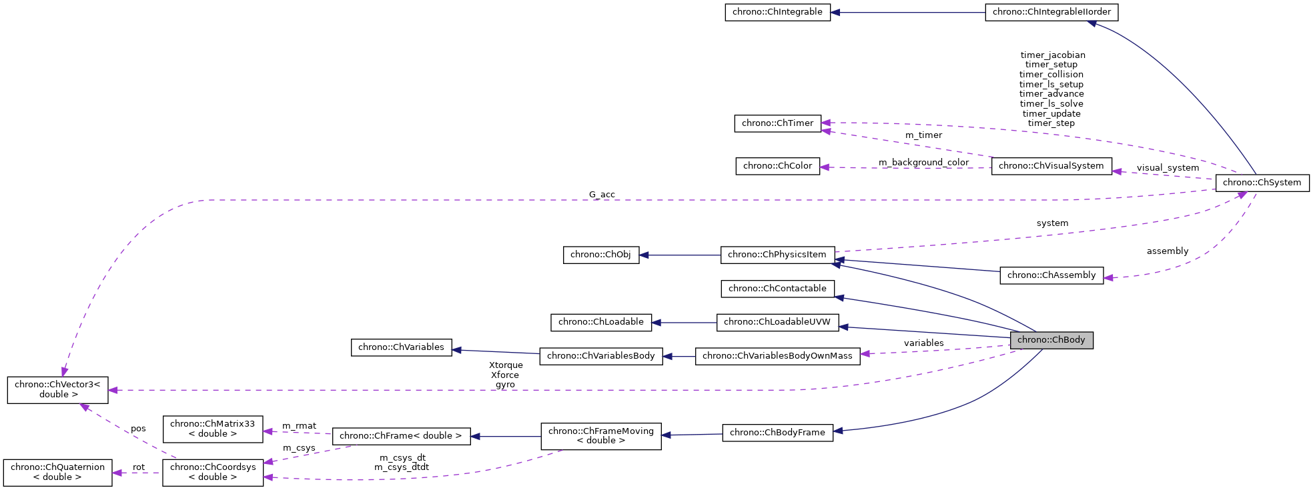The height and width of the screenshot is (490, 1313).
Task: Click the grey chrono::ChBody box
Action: pyautogui.click(x=1051, y=340)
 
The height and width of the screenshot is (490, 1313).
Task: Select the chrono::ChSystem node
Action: pyautogui.click(x=1262, y=183)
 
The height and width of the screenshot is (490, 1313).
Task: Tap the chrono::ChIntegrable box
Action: pyautogui.click(x=777, y=12)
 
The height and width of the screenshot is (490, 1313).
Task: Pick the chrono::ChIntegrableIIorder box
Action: pyautogui.click(x=1051, y=12)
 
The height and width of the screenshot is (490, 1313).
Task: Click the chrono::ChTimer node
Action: pyautogui.click(x=777, y=123)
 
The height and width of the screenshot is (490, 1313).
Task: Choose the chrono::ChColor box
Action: pyautogui.click(x=777, y=166)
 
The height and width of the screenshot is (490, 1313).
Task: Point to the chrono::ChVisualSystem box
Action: pyautogui.click(x=1051, y=166)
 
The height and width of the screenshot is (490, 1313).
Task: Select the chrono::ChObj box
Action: pyautogui.click(x=600, y=255)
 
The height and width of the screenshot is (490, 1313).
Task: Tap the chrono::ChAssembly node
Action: pyautogui.click(x=1051, y=275)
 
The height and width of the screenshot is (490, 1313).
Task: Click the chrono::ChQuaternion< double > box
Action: pyautogui.click(x=57, y=472)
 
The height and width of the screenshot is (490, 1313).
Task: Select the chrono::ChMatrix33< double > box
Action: pyautogui.click(x=212, y=429)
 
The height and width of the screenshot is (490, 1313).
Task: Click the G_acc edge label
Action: pyautogui.click(x=602, y=195)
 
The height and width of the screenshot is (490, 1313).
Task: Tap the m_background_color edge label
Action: pyautogui.click(x=923, y=163)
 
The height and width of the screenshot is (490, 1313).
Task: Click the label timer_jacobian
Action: pyautogui.click(x=1052, y=55)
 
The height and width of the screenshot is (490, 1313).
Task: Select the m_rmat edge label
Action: pyautogui.click(x=299, y=426)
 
